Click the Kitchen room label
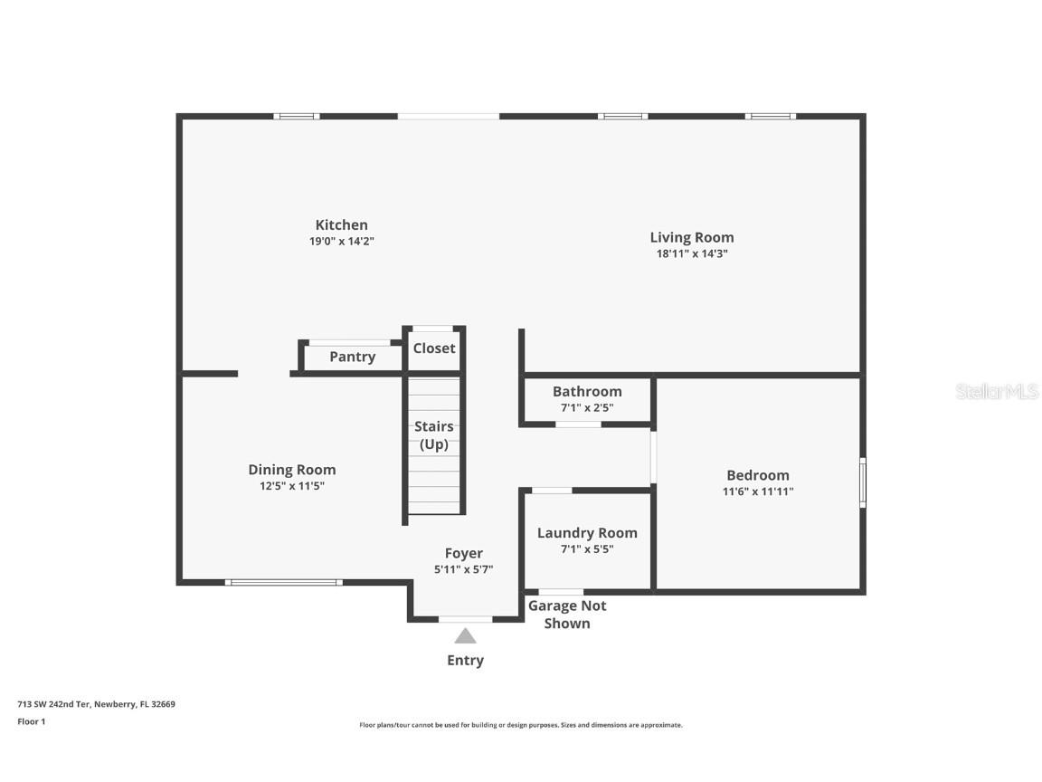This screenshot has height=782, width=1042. [341, 225]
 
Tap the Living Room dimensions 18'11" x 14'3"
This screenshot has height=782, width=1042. [692, 254]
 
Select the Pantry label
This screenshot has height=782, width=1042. [352, 357]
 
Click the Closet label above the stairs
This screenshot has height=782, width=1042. [434, 348]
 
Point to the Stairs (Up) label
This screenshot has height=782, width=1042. [434, 435]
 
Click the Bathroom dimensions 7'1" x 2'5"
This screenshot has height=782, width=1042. [587, 408]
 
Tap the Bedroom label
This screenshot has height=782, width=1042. [758, 475]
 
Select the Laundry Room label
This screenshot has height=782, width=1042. [587, 533]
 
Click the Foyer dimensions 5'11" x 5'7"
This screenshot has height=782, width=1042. [463, 569]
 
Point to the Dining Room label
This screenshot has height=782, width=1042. [292, 470]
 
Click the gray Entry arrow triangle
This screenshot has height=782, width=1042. [465, 636]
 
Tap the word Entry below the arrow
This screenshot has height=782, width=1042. [465, 661]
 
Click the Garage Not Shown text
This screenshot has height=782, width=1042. [567, 615]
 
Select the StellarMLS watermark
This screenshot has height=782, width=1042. [997, 392]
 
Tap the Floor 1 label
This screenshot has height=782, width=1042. [31, 721]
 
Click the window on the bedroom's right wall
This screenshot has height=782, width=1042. [863, 482]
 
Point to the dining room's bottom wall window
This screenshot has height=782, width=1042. [283, 582]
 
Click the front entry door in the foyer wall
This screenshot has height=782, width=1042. [465, 619]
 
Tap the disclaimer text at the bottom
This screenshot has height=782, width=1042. [521, 725]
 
